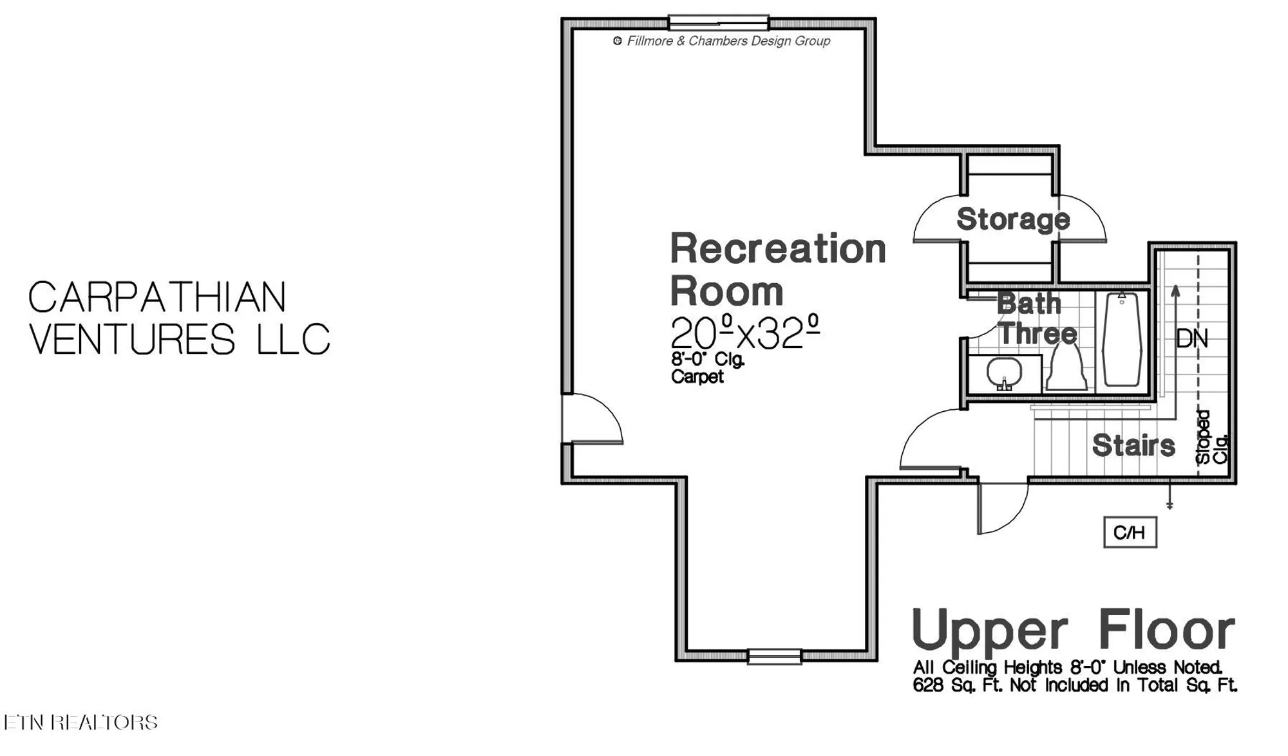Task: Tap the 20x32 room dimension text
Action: tap(744, 333)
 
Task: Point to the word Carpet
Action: tap(697, 376)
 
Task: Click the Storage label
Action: tap(1012, 219)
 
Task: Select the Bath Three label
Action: tap(1036, 318)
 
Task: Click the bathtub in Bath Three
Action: tap(1122, 339)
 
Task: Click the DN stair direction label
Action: tap(1191, 338)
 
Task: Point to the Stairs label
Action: tap(1133, 445)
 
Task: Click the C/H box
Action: tap(1130, 532)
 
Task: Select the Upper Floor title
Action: tap(1074, 630)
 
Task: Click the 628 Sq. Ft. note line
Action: tap(1074, 685)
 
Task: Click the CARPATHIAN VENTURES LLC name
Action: tap(179, 318)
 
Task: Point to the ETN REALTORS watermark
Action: tap(80, 722)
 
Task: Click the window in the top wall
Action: tap(718, 23)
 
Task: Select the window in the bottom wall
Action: tap(774, 657)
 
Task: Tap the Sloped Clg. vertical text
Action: tap(1211, 438)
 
